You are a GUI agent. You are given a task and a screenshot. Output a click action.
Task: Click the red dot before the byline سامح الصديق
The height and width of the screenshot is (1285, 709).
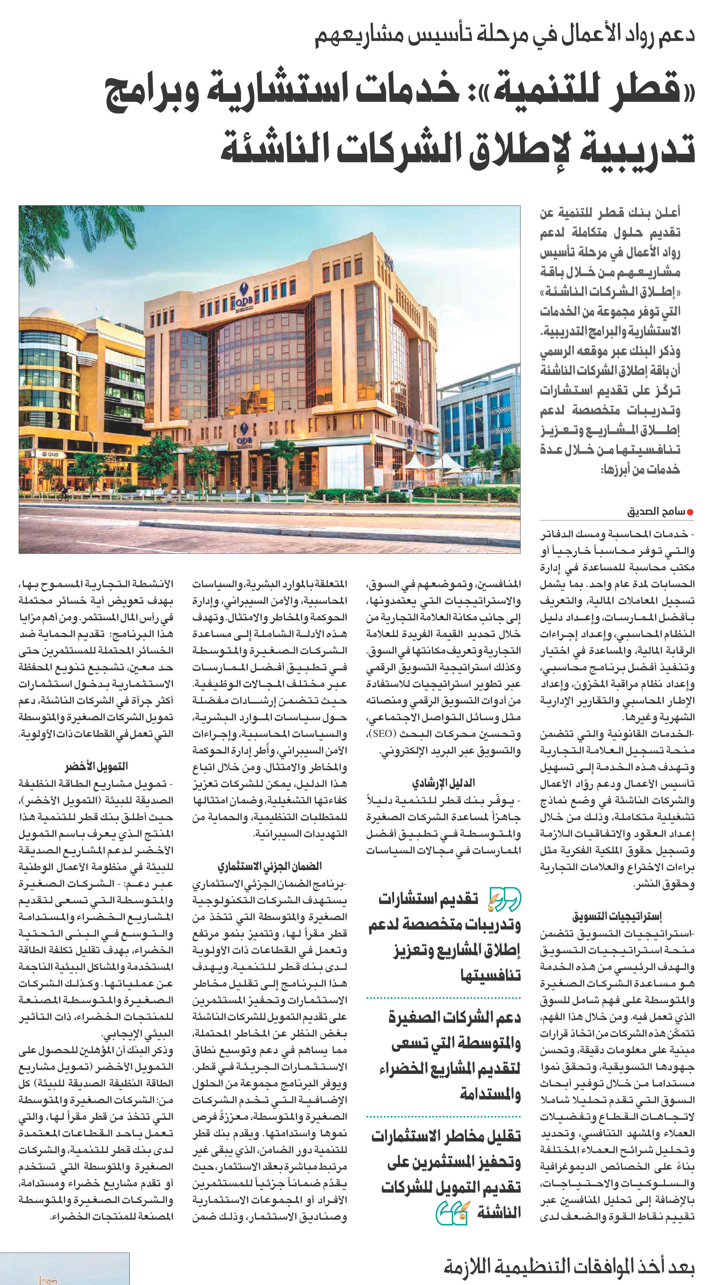click(689, 512)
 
